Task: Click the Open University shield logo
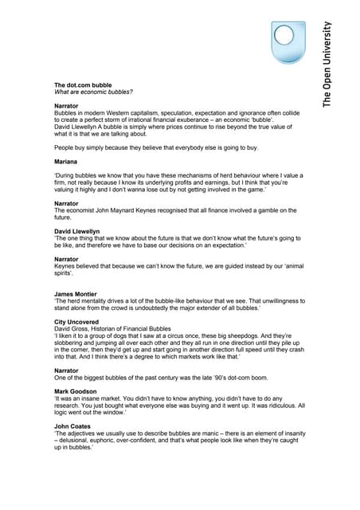click(290, 42)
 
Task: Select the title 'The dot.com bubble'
click(83, 85)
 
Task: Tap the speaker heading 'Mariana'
click(67, 162)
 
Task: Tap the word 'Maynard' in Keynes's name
click(131, 210)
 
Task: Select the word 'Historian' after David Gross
click(107, 328)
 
